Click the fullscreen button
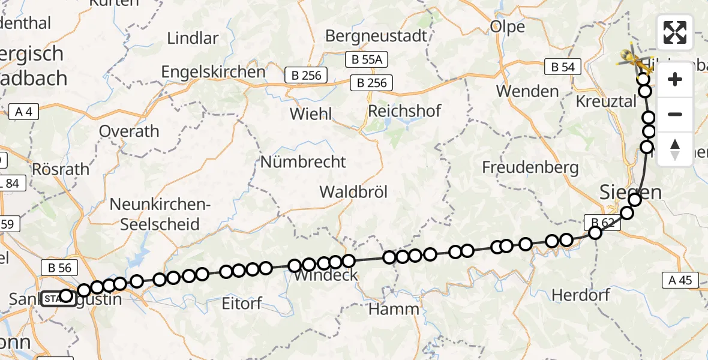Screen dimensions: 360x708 point(675,32)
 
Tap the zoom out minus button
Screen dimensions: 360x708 point(675,115)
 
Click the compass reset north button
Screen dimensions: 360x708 point(675,149)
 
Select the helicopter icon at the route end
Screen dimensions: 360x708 point(635,60)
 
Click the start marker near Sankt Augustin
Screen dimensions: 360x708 point(58,298)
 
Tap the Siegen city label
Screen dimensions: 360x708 point(631,193)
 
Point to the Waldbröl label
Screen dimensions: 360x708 point(353,192)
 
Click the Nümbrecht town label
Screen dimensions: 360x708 point(303,161)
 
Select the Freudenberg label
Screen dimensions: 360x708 point(530,167)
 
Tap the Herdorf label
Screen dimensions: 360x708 point(580,295)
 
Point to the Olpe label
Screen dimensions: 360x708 point(507,26)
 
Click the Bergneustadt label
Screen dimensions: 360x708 point(376,35)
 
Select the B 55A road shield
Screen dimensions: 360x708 point(367,59)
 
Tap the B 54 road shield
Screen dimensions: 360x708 point(562,67)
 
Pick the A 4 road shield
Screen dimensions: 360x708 point(24,111)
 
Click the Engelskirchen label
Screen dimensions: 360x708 point(213,72)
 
